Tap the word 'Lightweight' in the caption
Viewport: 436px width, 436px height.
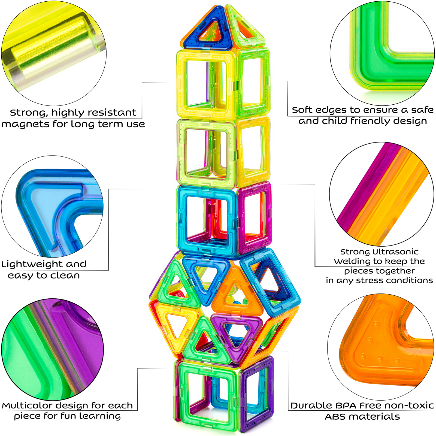click(x=32, y=264)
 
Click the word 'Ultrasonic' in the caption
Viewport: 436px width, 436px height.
click(x=395, y=252)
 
